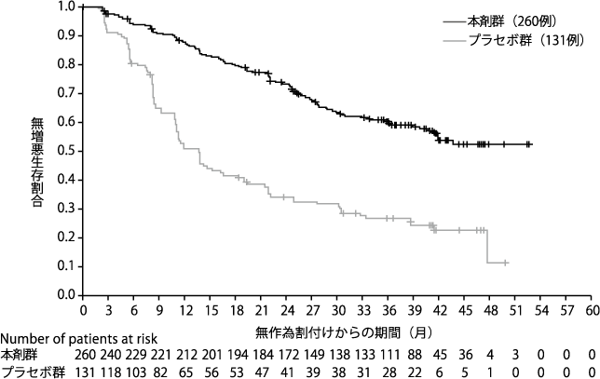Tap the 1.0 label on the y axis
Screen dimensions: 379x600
click(x=67, y=7)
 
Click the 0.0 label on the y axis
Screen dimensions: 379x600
click(x=67, y=295)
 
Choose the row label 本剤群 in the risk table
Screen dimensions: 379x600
click(x=18, y=355)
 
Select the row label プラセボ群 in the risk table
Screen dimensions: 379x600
click(x=26, y=372)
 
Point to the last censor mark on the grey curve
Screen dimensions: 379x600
click(x=505, y=263)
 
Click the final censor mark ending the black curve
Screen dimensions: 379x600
click(x=528, y=144)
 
